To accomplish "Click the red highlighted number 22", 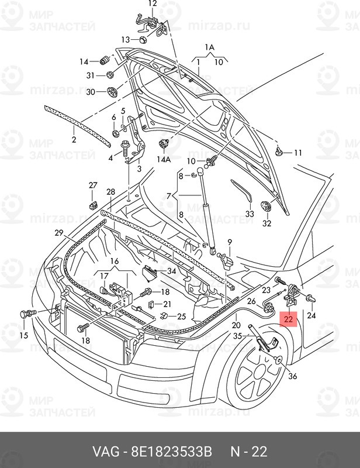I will [x=290, y=319].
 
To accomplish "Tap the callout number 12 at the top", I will [x=153, y=4].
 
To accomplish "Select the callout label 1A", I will [x=209, y=47].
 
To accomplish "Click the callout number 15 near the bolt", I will [x=23, y=335].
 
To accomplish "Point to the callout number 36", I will [x=292, y=376].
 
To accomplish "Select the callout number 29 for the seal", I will [x=58, y=233].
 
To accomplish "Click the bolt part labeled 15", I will [x=26, y=315].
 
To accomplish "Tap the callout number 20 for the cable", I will [x=236, y=325].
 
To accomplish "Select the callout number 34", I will [x=171, y=271].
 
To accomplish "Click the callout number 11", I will [x=297, y=153].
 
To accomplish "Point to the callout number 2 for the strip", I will [x=74, y=139].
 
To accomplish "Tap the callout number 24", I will [x=311, y=316].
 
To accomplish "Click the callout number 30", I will [x=90, y=92].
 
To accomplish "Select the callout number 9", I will [x=230, y=242].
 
